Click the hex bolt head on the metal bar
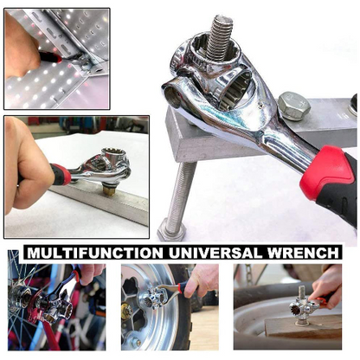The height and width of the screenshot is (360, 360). coord(293,106)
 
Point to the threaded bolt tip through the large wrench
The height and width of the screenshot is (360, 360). coord(220,35)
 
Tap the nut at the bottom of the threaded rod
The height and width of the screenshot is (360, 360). coord(171,228)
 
